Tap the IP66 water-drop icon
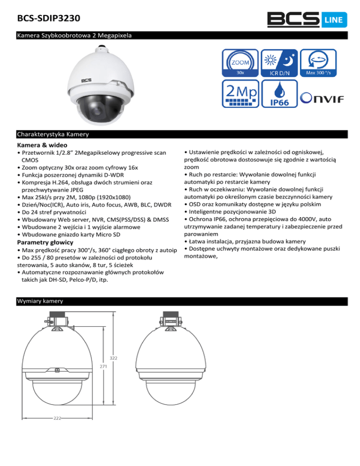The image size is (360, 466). coord(280,95)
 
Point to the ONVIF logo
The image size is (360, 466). coord(322,98)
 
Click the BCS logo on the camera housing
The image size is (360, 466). coord(86,80)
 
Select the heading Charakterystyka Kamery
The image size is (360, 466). coord(52,135)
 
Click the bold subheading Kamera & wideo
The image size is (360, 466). coord(42,145)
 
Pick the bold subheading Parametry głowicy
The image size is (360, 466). coord(45,242)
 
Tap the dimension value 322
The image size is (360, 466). coord(113,358)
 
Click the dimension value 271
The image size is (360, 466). coord(103,366)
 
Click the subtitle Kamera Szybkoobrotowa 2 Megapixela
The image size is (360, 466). coord(74,35)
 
